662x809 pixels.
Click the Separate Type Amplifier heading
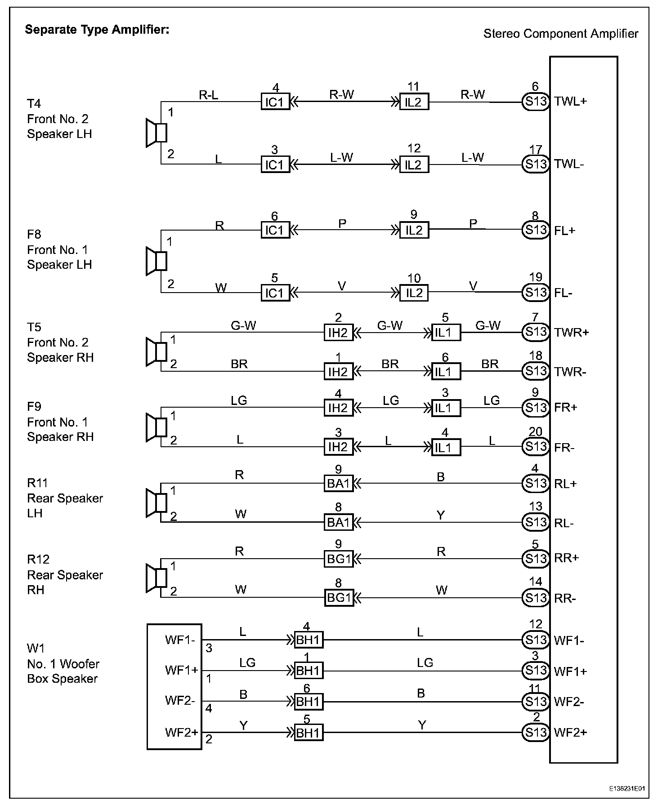[97, 30]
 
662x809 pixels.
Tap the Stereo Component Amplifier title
[560, 34]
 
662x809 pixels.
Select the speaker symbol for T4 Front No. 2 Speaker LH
[156, 133]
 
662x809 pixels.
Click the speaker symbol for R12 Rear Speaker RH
[156, 578]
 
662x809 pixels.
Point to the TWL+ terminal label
[571, 101]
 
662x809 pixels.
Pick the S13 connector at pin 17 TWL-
[535, 164]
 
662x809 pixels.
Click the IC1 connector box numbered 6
[275, 230]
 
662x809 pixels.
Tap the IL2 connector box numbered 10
[414, 293]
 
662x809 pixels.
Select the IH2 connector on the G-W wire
[338, 333]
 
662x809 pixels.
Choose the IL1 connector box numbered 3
[445, 408]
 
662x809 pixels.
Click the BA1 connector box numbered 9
[338, 484]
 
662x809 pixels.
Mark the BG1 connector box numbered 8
[338, 598]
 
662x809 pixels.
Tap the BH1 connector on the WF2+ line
[308, 733]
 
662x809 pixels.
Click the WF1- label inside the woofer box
[180, 640]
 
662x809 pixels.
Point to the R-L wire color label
[209, 95]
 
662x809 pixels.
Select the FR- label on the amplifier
[564, 448]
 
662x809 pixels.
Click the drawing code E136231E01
[627, 788]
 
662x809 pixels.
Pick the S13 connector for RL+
[535, 484]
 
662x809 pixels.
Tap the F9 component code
[34, 407]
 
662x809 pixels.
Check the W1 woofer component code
[36, 648]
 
